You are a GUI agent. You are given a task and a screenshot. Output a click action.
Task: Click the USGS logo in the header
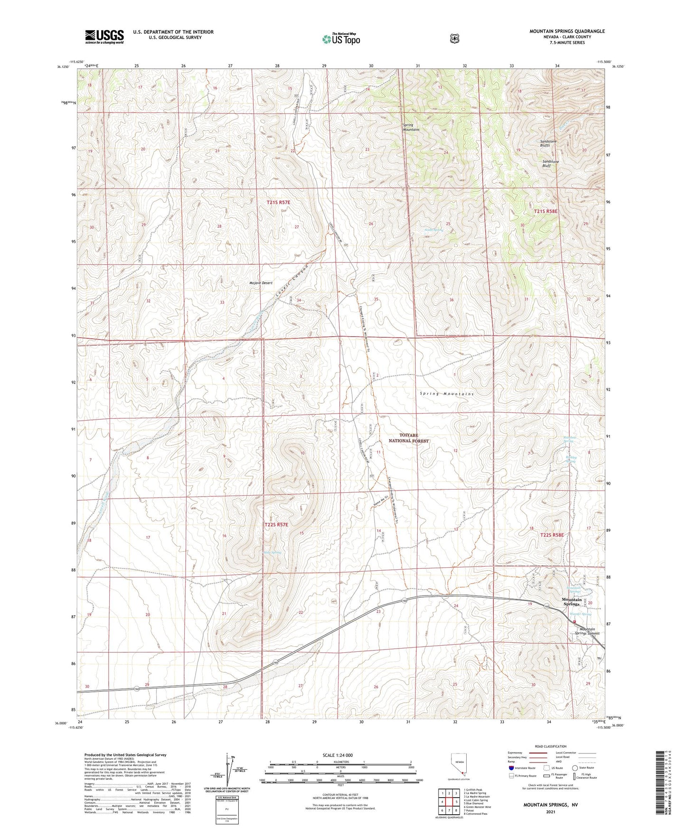104,37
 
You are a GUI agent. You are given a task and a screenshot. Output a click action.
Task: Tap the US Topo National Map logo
341,39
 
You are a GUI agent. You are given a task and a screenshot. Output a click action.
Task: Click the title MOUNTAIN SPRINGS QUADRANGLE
567,31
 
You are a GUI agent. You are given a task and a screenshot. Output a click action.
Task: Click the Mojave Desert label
261,283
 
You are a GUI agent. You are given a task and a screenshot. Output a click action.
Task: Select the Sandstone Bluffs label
551,144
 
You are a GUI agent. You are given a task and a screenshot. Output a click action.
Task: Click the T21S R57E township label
278,202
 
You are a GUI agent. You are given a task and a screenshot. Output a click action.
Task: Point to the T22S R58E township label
552,535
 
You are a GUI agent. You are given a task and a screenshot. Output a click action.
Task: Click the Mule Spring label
273,552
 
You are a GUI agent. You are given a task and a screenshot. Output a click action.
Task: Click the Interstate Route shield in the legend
511,767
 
